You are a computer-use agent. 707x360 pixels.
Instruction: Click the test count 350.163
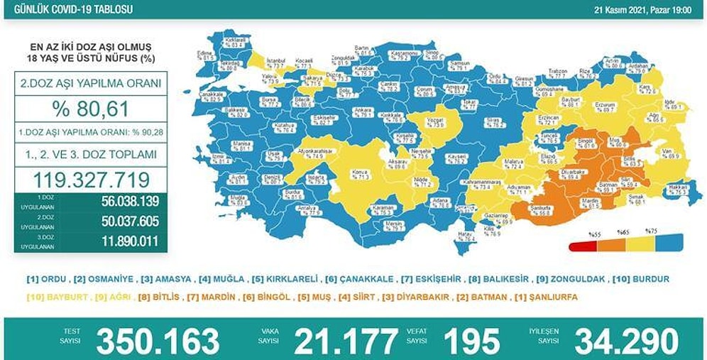click(158, 340)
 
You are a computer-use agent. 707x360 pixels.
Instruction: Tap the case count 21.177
click(346, 340)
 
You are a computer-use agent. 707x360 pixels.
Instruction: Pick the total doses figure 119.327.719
click(90, 178)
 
